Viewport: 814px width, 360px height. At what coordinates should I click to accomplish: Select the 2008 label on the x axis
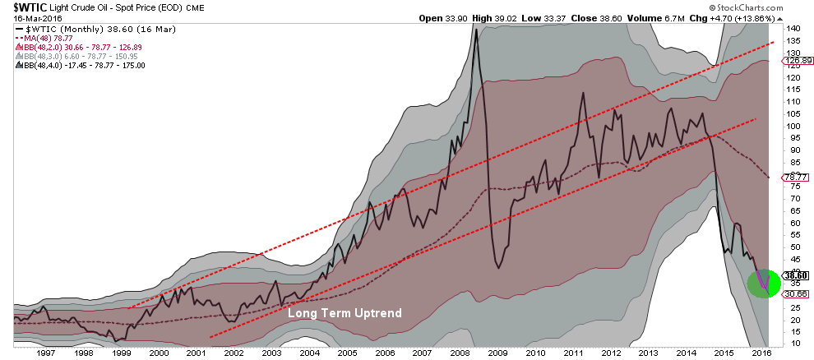(459, 352)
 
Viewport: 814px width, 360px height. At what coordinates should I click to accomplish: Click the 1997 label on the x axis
(46, 352)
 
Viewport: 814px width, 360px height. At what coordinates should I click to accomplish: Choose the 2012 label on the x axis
(609, 352)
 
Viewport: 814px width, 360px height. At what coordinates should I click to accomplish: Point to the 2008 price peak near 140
(476, 30)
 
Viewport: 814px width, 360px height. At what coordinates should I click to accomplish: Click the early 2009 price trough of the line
(498, 266)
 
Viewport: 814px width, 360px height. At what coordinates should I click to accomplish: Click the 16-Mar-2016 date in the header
(25, 17)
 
